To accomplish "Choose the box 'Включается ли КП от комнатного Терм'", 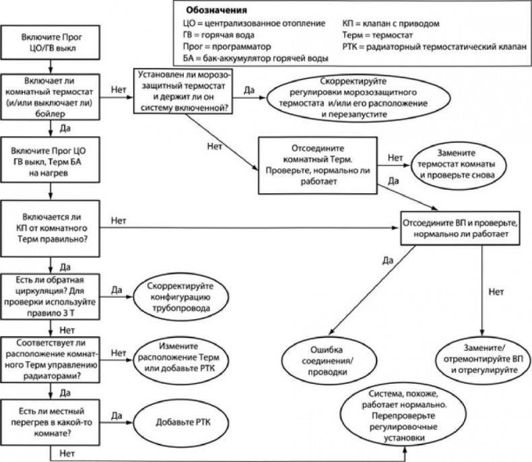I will (x=53, y=226).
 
